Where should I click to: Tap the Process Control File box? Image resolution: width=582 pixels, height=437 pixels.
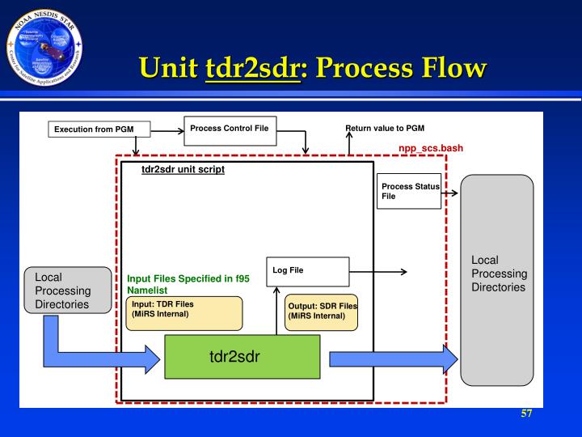tap(230, 131)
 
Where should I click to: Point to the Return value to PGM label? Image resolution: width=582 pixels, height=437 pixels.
tap(384, 129)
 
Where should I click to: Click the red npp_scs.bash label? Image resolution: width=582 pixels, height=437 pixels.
tap(431, 149)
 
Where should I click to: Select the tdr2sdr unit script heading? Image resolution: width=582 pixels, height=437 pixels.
tap(183, 170)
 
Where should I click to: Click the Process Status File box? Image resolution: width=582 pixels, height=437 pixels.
tap(410, 192)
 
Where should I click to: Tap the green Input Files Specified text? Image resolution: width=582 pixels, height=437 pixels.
tap(185, 283)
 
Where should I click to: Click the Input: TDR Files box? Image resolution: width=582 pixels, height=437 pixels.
tap(184, 313)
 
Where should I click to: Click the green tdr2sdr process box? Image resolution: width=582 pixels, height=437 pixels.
tap(242, 357)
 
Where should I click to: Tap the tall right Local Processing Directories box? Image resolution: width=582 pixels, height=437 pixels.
tap(497, 279)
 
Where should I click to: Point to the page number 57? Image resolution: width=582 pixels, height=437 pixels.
tap(526, 414)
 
